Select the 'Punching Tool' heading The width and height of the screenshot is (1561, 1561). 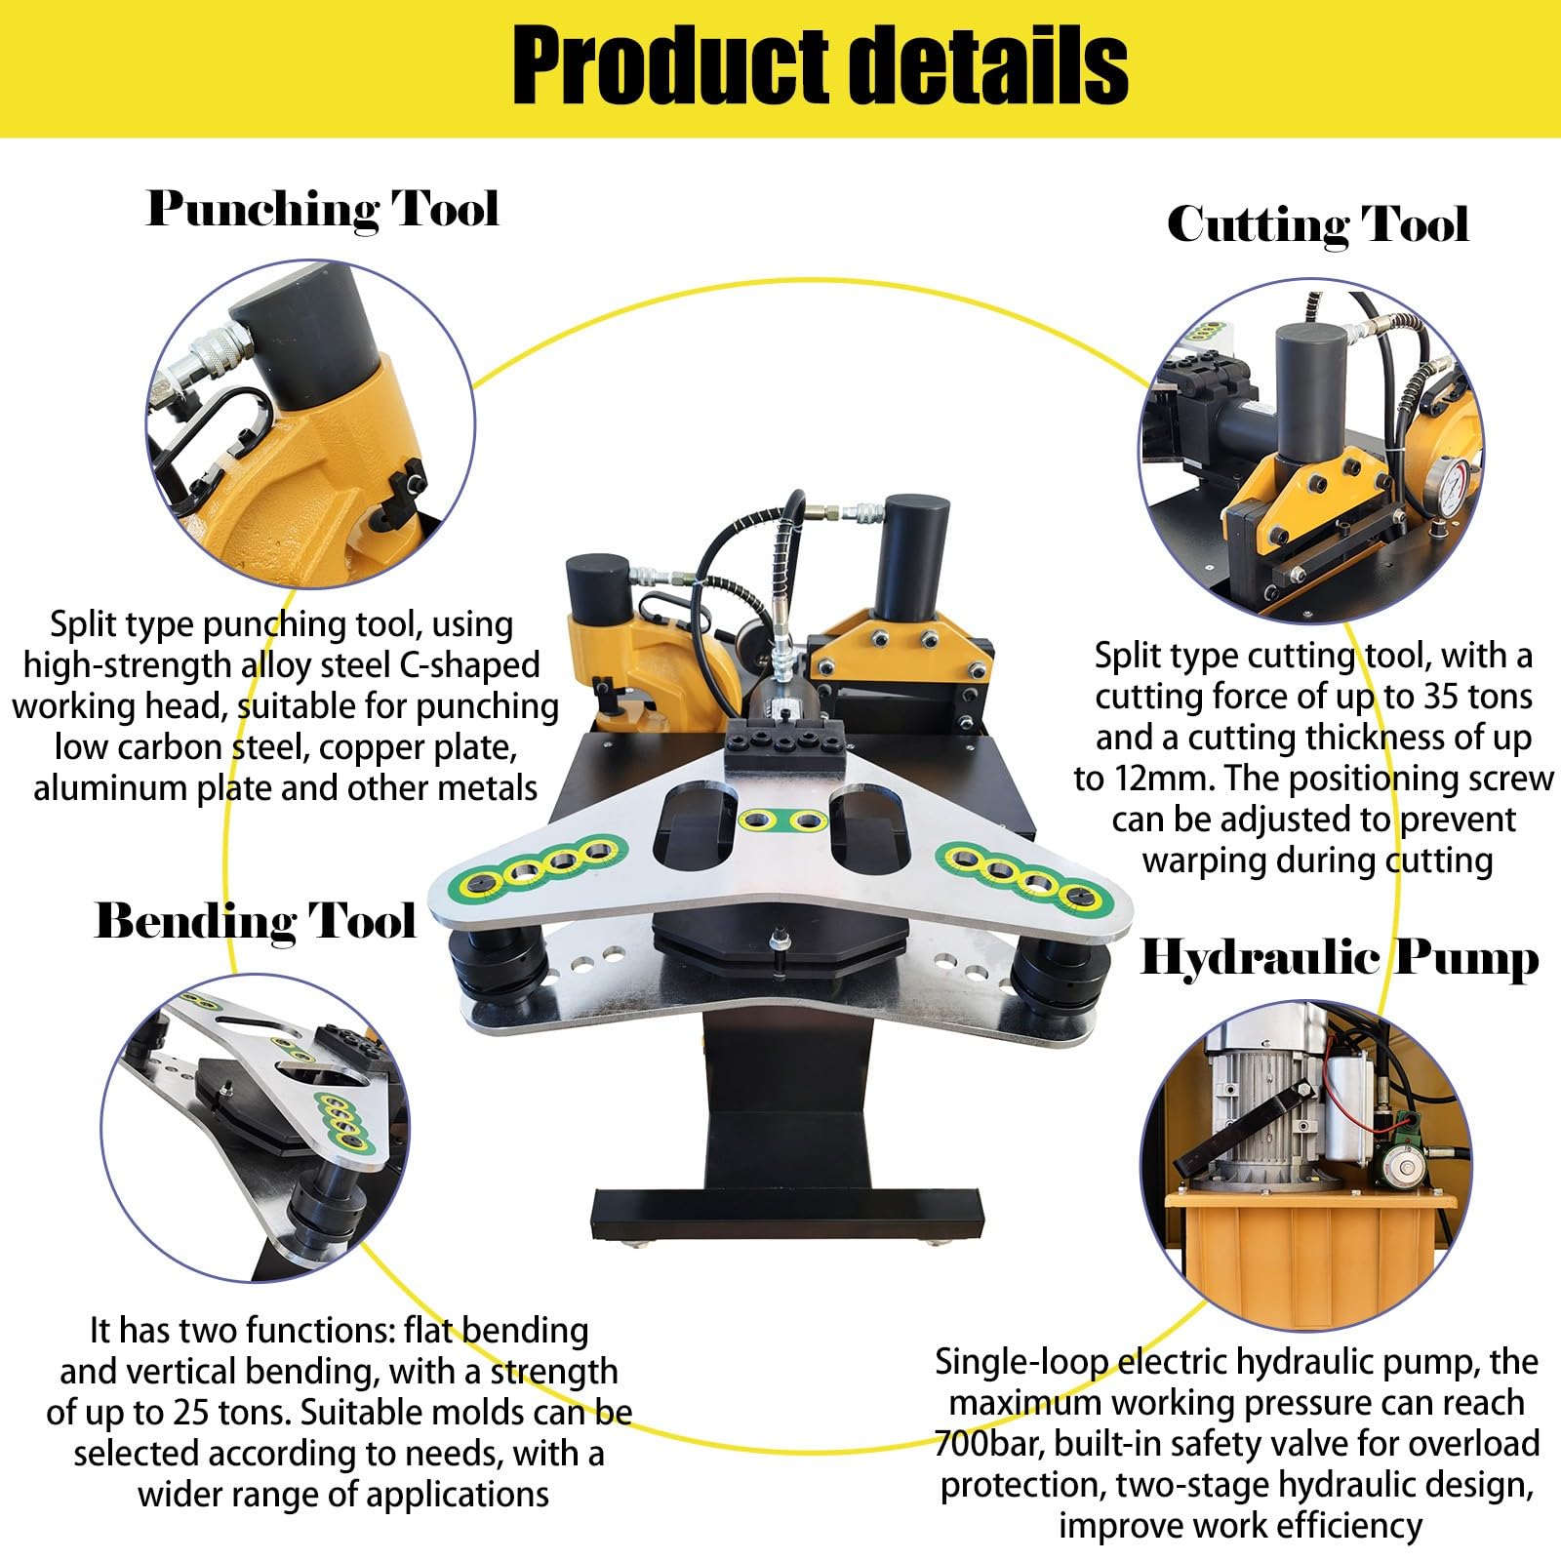click(x=323, y=210)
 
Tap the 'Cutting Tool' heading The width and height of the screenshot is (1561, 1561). click(x=1317, y=225)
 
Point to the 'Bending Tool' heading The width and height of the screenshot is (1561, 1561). click(x=256, y=922)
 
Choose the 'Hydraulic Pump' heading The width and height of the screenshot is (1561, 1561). click(x=1340, y=958)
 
